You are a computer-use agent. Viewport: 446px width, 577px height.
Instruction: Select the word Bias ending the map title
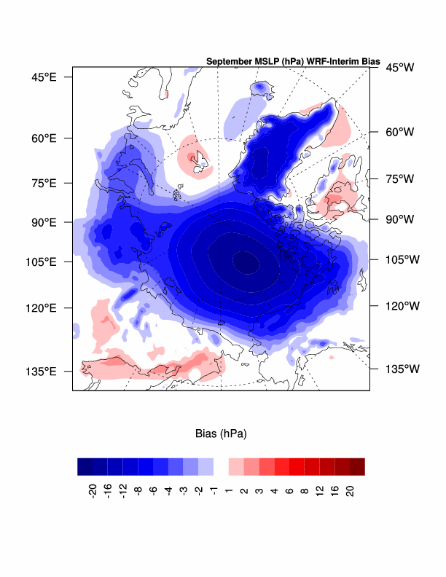coord(369,61)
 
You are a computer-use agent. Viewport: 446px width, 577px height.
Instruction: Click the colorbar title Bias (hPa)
coord(221,434)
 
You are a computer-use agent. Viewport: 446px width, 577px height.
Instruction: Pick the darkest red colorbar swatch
coord(356,466)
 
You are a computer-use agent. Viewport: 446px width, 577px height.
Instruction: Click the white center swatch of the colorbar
coord(221,466)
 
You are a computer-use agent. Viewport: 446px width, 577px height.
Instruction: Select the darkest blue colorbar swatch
coord(85,466)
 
